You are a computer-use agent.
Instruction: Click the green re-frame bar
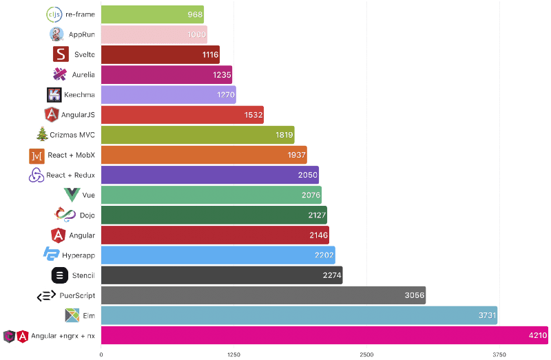(x=152, y=14)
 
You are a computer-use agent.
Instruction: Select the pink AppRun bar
(x=154, y=34)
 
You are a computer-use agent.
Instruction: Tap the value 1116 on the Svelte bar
(x=210, y=54)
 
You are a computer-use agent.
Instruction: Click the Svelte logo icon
(x=61, y=54)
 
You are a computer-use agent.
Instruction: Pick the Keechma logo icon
(x=54, y=95)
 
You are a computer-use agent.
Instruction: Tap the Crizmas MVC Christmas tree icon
(x=42, y=135)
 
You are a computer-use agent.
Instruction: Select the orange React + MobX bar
(x=204, y=155)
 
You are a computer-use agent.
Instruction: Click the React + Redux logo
(x=37, y=176)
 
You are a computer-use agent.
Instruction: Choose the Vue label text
(x=88, y=195)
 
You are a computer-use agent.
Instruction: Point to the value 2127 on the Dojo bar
(x=317, y=215)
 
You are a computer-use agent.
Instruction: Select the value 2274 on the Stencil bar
(x=331, y=275)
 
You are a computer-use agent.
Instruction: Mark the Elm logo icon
(x=72, y=316)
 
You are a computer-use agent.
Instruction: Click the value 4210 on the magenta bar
(x=537, y=336)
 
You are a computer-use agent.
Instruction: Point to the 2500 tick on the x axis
(x=366, y=354)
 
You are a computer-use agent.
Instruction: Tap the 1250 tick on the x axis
(x=233, y=354)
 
